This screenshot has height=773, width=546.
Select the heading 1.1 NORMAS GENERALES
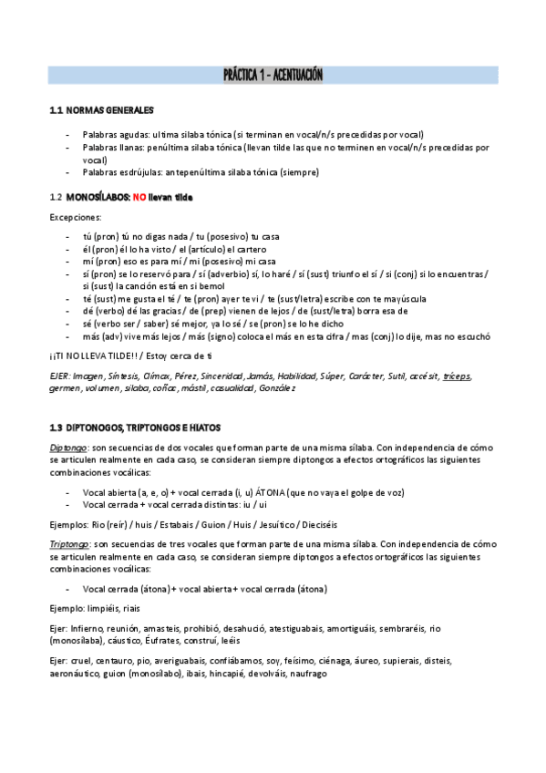[101, 111]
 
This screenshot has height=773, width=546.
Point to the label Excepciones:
[75, 217]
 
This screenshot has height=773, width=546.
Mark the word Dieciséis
[325, 524]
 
